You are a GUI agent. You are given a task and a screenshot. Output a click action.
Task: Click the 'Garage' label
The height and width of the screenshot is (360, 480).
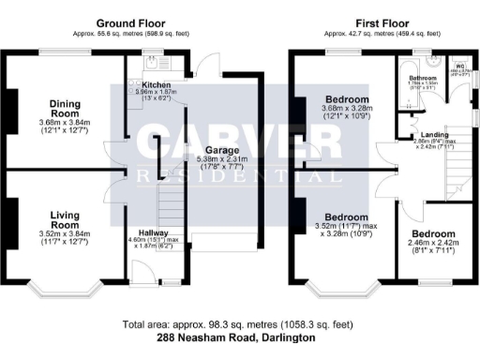tap(217, 149)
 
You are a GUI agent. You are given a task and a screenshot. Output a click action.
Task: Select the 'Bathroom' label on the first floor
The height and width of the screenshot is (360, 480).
tap(424, 78)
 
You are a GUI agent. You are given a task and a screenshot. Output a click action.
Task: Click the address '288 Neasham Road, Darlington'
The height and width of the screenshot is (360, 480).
tap(236, 337)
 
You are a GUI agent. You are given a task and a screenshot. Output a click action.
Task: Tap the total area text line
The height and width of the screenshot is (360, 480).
tap(236, 324)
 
